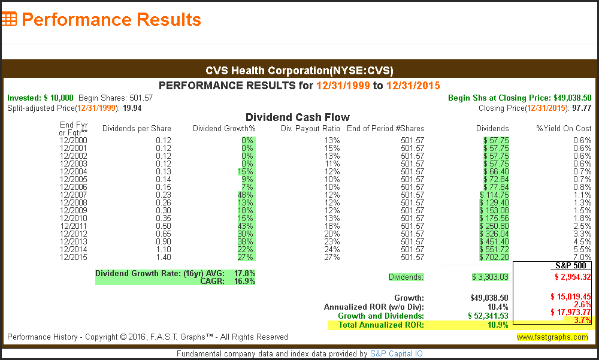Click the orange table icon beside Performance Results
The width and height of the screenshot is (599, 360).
click(9, 19)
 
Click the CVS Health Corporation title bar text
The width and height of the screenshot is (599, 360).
click(299, 70)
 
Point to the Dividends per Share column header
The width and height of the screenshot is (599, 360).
click(137, 128)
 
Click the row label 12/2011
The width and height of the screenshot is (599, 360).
click(73, 226)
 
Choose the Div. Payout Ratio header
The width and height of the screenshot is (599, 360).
click(310, 128)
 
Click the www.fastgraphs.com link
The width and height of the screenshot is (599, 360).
click(552, 337)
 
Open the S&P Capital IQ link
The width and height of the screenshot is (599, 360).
click(396, 353)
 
